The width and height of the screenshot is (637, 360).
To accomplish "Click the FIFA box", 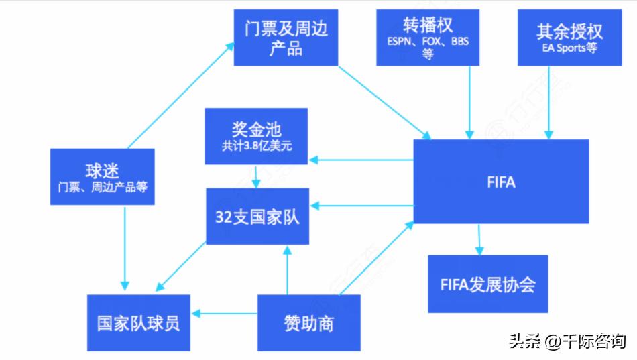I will click(501, 182).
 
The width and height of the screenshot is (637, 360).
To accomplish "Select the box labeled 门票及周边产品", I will click(285, 38).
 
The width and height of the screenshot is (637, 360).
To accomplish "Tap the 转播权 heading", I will click(428, 25).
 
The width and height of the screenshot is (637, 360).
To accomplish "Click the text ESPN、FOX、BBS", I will click(428, 41).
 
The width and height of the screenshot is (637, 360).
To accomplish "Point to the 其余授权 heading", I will click(569, 31).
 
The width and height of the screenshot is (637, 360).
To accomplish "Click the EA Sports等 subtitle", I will click(569, 48).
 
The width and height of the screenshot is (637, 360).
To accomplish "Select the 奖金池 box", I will click(256, 136).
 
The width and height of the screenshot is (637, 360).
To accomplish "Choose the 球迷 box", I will click(103, 176).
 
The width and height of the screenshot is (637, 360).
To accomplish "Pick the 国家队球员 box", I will click(138, 322).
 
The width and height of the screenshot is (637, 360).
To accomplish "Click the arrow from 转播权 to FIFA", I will click(469, 101).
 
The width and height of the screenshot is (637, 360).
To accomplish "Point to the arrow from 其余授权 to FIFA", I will click(550, 101).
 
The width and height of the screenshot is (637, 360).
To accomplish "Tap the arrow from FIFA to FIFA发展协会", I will click(479, 239).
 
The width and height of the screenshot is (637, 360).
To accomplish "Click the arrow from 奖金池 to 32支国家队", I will click(255, 176).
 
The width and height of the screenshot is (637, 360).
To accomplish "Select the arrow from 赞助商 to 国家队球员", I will click(225, 313).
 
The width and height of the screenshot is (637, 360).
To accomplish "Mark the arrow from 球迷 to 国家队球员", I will click(125, 248).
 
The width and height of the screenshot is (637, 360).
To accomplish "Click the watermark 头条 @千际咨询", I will click(567, 341).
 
